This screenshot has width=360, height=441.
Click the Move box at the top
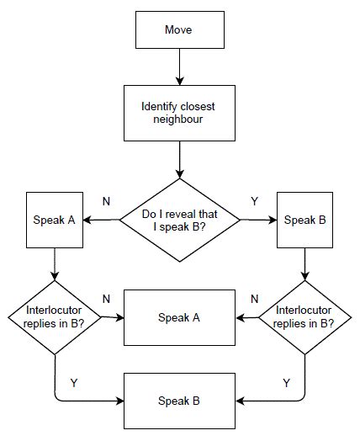pyautogui.click(x=178, y=31)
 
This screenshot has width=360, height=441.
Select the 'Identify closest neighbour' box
pyautogui.click(x=178, y=112)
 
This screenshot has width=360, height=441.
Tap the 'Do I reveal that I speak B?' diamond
pyautogui.click(x=178, y=220)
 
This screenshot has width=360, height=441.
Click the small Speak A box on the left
pyautogui.click(x=55, y=220)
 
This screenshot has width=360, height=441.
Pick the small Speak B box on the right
pyautogui.click(x=304, y=220)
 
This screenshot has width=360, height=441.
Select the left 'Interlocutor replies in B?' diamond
pyautogui.click(x=55, y=318)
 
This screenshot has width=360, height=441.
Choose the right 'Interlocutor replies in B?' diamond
pyautogui.click(x=304, y=318)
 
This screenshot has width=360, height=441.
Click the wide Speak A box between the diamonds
pyautogui.click(x=178, y=318)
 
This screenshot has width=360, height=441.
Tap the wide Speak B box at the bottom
pyautogui.click(x=178, y=400)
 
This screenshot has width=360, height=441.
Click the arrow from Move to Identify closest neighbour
pyautogui.click(x=178, y=66)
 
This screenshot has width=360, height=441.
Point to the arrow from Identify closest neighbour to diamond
pyautogui.click(x=178, y=159)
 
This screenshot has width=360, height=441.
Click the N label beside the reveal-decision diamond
pyautogui.click(x=106, y=202)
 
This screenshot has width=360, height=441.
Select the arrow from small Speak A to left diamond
pyautogui.click(x=55, y=268)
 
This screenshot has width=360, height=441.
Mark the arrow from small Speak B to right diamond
pyautogui.click(x=304, y=268)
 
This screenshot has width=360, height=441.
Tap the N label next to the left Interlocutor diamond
pyautogui.click(x=106, y=299)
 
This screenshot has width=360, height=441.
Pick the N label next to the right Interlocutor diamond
pyautogui.click(x=254, y=299)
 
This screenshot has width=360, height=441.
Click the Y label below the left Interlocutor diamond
pyautogui.click(x=74, y=383)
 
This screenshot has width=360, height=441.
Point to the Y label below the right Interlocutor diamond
pyautogui.click(x=286, y=383)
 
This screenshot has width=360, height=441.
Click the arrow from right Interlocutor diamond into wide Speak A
pyautogui.click(x=250, y=318)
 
